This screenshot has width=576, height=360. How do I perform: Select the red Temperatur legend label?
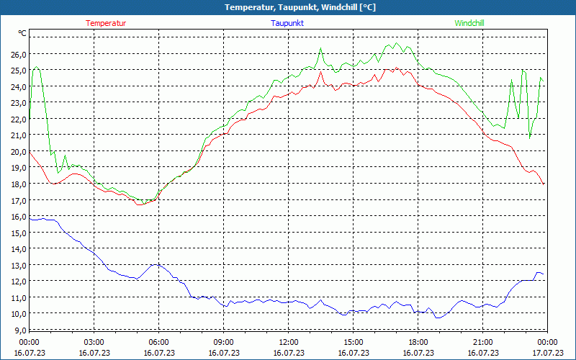(x=106, y=23)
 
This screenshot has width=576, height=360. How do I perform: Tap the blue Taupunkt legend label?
(x=287, y=23)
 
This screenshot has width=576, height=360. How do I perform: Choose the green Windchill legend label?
(x=469, y=23)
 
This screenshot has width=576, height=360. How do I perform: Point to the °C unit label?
(x=22, y=33)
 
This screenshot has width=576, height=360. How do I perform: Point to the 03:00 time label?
(x=94, y=342)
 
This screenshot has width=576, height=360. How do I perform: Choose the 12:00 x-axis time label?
(x=288, y=342)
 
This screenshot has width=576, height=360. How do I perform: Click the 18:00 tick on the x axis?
(x=418, y=342)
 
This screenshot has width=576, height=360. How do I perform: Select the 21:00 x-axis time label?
(x=482, y=342)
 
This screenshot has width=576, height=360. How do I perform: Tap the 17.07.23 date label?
(x=547, y=353)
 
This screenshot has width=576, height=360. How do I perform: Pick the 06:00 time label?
(x=158, y=342)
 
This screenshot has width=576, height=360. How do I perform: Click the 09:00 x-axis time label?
(x=223, y=342)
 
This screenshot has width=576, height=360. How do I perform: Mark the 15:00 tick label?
(x=353, y=342)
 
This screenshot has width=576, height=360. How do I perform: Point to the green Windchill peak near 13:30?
(x=320, y=48)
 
